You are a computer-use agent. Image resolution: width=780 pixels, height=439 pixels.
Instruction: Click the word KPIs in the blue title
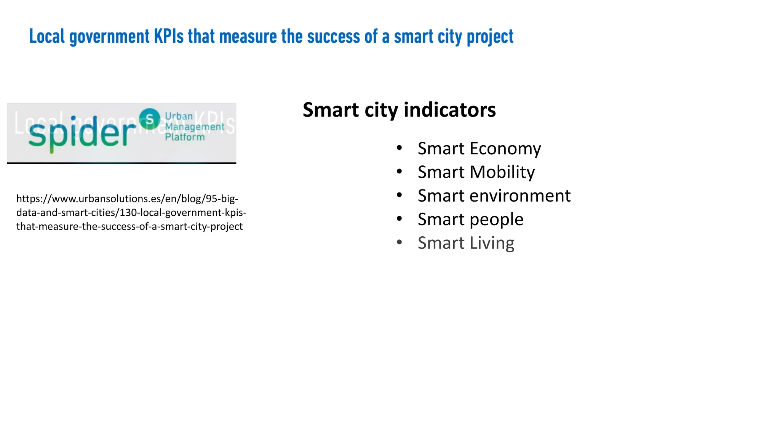coord(169,37)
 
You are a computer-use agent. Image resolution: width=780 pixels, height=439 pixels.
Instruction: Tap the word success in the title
coord(333,37)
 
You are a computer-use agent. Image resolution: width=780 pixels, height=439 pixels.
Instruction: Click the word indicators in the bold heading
coord(449,110)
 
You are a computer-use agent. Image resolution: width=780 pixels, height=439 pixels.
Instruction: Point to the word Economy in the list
coord(505,149)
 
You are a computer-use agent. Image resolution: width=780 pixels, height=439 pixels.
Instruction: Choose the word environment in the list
coord(520,196)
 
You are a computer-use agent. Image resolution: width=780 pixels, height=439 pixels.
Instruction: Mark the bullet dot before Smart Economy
coord(399,148)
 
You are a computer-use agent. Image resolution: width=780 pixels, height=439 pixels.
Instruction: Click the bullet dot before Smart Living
coord(399,242)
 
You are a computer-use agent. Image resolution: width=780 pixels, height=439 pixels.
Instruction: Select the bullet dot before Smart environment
coord(399,195)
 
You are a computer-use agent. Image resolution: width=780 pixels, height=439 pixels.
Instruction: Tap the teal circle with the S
coord(149,119)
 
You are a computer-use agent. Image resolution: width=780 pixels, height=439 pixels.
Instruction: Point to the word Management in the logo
coord(194,127)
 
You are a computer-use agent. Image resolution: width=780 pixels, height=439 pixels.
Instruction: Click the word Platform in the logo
coord(185,137)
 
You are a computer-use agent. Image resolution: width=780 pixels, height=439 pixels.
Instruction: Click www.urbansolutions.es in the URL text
coord(103,199)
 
